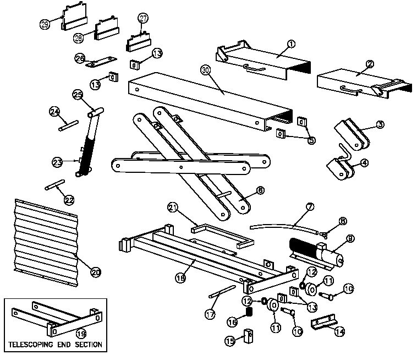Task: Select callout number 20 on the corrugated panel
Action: (x=96, y=272)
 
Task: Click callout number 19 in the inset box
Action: (x=80, y=333)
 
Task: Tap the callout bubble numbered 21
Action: (x=173, y=207)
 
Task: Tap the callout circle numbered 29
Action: (x=45, y=23)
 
